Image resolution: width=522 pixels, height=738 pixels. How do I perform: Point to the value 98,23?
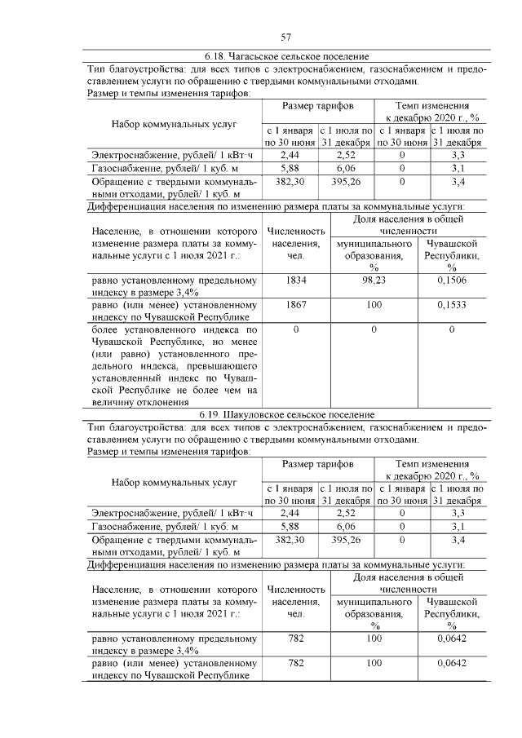374,281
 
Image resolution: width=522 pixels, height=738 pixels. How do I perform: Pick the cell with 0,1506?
452,281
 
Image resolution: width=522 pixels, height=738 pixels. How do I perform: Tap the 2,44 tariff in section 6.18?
290,153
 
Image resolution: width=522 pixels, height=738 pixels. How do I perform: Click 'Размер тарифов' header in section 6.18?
318,107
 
